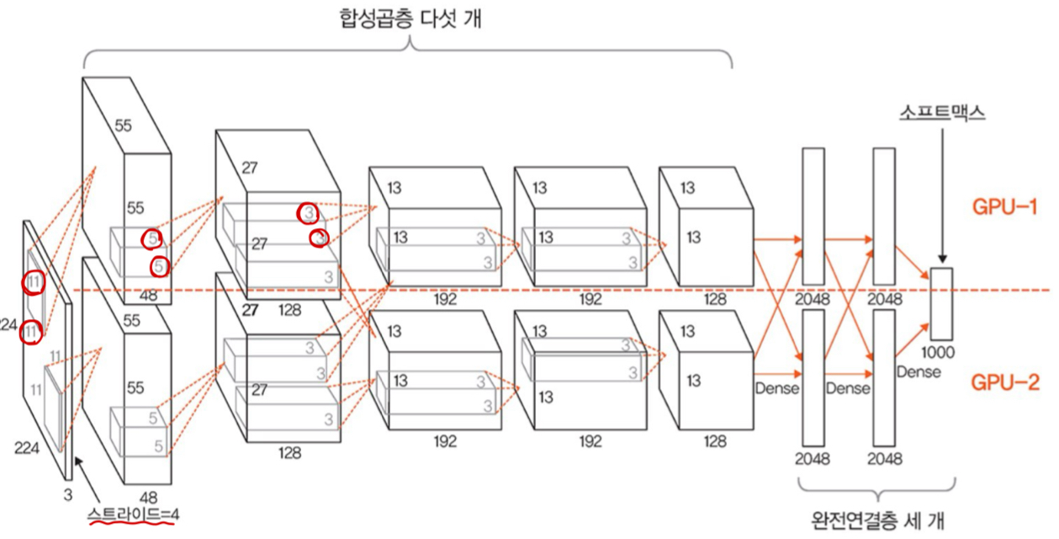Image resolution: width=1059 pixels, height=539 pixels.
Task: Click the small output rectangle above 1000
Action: pyautogui.click(x=941, y=303)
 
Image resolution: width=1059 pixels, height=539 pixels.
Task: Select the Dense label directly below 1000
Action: pyautogui.click(x=918, y=371)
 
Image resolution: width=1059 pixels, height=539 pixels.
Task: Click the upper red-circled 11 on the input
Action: pyautogui.click(x=33, y=283)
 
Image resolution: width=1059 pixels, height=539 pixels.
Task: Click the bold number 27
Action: pyautogui.click(x=250, y=310)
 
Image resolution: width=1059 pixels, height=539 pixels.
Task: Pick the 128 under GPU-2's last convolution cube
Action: pyautogui.click(x=715, y=440)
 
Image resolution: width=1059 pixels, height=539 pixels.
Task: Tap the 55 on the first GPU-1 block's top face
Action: pyautogui.click(x=123, y=126)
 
